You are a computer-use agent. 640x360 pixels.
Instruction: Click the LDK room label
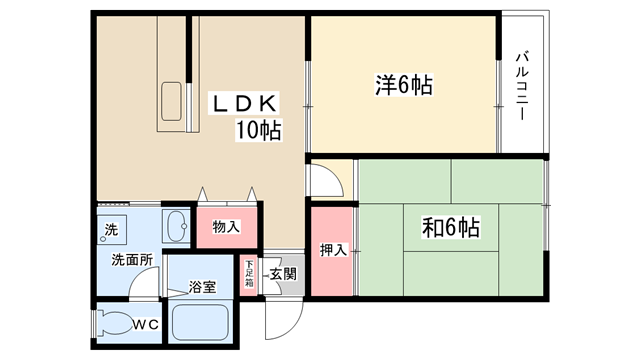click(x=244, y=103)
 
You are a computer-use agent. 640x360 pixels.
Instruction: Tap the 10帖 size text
click(x=258, y=131)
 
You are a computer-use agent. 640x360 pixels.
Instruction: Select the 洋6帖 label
click(x=404, y=85)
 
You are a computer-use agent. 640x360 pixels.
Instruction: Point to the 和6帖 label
click(x=451, y=228)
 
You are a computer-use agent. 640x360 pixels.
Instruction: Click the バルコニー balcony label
click(x=522, y=85)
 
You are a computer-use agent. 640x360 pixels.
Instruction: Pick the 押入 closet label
click(x=333, y=250)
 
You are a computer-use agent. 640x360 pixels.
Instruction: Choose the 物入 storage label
click(x=226, y=227)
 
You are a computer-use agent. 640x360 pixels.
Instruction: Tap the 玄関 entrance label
click(x=283, y=274)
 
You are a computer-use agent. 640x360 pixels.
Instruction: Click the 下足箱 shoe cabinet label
click(x=249, y=273)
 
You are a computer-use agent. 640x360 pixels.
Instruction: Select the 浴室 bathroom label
click(x=202, y=287)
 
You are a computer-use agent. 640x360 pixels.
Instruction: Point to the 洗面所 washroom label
click(x=132, y=260)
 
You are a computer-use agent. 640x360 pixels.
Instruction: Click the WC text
click(x=146, y=325)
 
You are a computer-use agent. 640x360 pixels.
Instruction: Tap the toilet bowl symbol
click(x=116, y=324)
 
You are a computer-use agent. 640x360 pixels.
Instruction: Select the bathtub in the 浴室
click(x=200, y=322)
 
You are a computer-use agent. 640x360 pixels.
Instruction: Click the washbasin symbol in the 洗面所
click(x=176, y=226)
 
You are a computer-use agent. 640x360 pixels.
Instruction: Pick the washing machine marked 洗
click(x=111, y=230)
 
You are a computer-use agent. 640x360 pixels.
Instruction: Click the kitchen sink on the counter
click(x=171, y=101)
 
